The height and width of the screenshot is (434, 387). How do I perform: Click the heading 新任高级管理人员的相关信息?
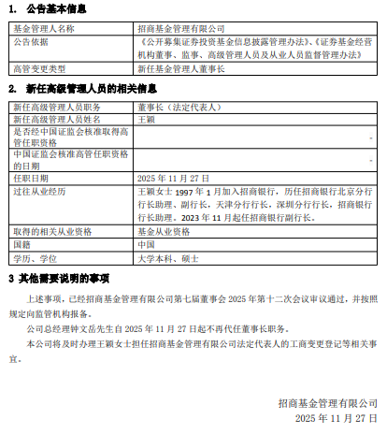click(x=82, y=90)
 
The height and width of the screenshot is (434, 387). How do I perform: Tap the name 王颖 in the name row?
click(x=146, y=120)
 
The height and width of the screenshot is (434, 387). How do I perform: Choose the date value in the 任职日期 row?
click(x=168, y=175)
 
